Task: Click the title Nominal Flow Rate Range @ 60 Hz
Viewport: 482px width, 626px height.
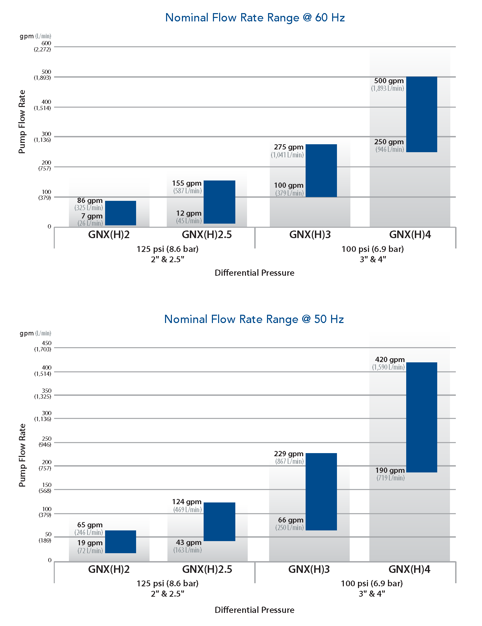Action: (255, 18)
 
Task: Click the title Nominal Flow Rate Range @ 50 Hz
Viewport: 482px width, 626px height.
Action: (254, 319)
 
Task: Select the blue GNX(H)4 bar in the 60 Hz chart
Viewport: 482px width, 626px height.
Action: (421, 114)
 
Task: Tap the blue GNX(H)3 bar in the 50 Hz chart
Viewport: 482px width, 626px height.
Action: (321, 491)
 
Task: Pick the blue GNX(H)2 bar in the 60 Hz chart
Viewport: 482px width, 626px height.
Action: (120, 213)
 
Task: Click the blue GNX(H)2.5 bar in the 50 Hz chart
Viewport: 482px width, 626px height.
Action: (219, 521)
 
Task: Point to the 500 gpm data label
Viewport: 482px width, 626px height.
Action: (389, 81)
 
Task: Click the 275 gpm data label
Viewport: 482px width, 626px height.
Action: (288, 147)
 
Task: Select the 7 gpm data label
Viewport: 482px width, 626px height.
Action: (92, 216)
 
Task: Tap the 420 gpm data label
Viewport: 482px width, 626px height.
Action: (390, 360)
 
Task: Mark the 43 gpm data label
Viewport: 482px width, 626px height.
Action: (188, 542)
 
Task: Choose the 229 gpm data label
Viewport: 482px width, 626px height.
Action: (288, 454)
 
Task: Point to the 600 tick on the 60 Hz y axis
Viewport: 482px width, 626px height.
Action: (46, 43)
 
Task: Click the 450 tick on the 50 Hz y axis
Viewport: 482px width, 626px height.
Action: (47, 343)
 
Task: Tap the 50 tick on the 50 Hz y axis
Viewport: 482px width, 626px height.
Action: (48, 534)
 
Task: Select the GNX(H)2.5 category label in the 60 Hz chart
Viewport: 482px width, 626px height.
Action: (207, 235)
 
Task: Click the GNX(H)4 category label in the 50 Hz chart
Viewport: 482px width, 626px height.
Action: (409, 569)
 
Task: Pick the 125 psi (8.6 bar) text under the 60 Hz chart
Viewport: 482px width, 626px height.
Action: (167, 249)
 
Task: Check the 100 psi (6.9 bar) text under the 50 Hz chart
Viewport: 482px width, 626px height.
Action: (372, 584)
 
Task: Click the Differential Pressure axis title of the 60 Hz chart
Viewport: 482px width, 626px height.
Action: (254, 273)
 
